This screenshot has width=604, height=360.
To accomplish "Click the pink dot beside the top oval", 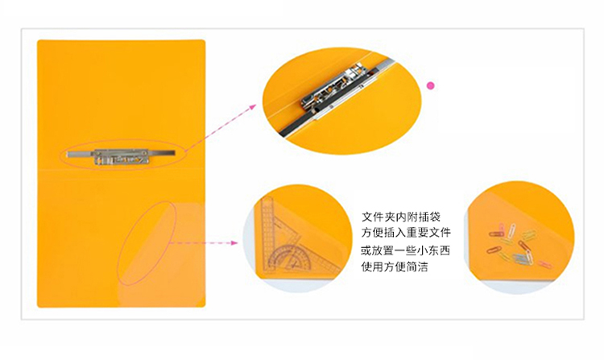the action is (x=431, y=85).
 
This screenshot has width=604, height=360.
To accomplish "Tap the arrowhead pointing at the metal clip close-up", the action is (x=253, y=106).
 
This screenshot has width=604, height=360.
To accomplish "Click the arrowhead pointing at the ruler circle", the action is (x=234, y=242).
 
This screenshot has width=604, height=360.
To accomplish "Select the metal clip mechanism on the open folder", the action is (x=122, y=157).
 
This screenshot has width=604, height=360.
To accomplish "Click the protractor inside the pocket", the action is (x=288, y=256).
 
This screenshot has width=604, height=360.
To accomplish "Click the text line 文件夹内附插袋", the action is (x=400, y=217).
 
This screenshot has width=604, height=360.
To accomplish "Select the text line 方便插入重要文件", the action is (x=406, y=233).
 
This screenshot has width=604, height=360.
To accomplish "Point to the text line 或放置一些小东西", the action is (x=405, y=250).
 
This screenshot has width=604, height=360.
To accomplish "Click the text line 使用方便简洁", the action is (x=395, y=267).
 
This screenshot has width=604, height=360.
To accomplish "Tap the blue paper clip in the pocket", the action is (x=520, y=258).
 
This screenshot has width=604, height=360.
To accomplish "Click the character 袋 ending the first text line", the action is (x=435, y=217).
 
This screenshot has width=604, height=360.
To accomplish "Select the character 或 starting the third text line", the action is (x=366, y=250).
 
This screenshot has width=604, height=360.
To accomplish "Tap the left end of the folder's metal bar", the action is (x=68, y=155).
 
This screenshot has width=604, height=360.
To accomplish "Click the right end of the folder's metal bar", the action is (x=173, y=153).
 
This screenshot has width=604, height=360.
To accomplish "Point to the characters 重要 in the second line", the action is (x=417, y=233).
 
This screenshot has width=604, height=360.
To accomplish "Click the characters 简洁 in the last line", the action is (x=417, y=267).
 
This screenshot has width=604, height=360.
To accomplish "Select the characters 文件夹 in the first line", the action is (x=379, y=217).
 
